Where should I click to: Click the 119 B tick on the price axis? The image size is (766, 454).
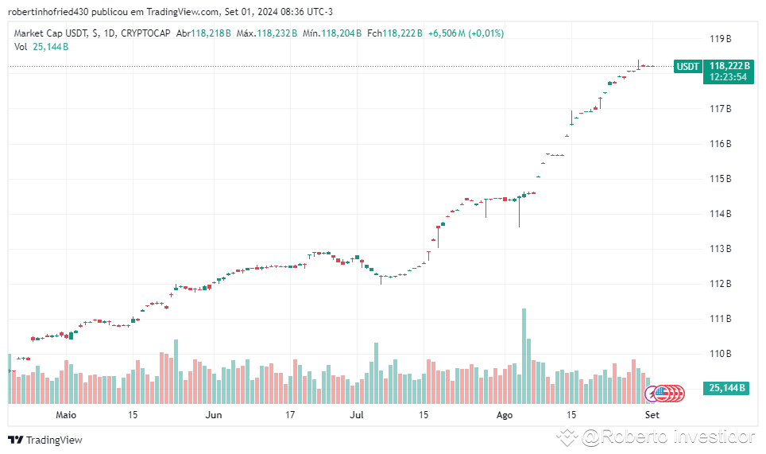(720, 38)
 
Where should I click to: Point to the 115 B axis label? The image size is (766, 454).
(720, 178)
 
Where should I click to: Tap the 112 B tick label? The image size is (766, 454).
(720, 283)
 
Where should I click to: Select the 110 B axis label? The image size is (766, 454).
(720, 353)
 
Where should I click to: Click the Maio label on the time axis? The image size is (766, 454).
(66, 414)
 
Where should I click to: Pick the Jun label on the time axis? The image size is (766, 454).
(213, 414)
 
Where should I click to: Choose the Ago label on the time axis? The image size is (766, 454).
(505, 414)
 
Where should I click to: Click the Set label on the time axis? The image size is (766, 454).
(652, 414)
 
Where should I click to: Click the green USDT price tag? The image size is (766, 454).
(687, 67)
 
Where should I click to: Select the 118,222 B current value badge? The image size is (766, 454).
(730, 66)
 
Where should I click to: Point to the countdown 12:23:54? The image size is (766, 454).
(728, 77)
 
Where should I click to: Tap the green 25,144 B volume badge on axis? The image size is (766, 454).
(727, 388)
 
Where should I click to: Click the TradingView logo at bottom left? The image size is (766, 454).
(45, 440)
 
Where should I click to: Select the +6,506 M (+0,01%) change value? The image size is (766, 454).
(466, 33)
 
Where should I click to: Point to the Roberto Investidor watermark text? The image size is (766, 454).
(667, 437)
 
